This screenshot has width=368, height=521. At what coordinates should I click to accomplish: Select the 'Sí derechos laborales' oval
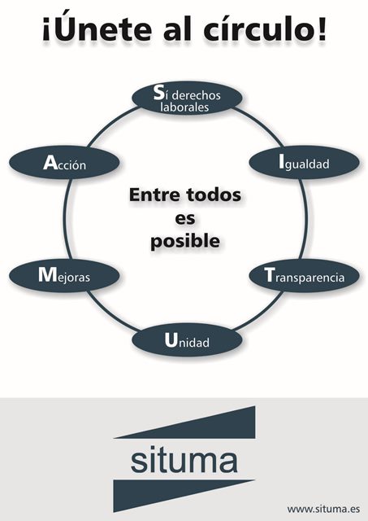[187, 99]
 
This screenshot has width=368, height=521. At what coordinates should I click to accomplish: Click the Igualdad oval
[304, 163]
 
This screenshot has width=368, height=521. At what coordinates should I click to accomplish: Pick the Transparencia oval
[304, 276]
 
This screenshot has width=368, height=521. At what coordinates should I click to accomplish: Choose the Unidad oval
[187, 340]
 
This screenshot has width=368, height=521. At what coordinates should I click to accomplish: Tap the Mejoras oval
[64, 276]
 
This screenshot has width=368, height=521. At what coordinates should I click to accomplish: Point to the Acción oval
[64, 163]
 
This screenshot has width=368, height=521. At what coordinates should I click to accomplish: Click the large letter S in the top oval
[159, 93]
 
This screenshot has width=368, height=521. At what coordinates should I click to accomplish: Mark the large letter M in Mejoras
[48, 275]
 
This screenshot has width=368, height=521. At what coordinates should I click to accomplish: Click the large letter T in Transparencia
[270, 275]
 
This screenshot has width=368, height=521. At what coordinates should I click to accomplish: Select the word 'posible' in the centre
[185, 242]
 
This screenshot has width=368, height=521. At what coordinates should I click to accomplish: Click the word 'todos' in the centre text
[214, 195]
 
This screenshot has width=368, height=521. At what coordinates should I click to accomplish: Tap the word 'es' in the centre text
[185, 218]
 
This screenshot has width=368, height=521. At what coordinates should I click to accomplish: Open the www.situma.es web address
[323, 509]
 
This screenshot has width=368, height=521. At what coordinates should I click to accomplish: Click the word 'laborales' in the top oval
[184, 107]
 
